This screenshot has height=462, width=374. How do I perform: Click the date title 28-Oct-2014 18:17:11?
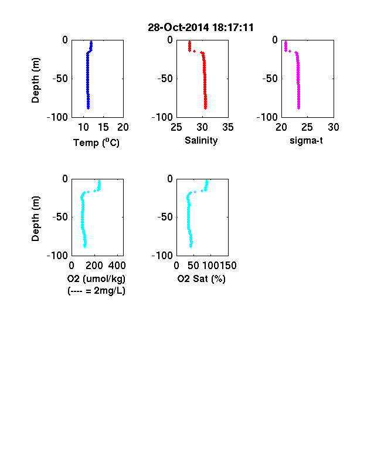point(200,28)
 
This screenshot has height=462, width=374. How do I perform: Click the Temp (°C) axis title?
point(96,142)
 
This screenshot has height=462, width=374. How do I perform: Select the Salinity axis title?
point(201,141)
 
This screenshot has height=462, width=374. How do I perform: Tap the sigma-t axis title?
point(306,141)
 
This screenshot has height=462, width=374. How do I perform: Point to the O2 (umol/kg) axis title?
point(96,278)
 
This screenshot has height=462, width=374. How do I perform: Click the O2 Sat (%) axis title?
point(202,278)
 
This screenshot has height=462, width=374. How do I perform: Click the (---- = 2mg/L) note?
point(96,291)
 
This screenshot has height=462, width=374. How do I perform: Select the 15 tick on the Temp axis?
point(103,127)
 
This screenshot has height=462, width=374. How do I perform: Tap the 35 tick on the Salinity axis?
point(228,127)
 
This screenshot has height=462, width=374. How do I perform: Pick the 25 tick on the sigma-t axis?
point(307,127)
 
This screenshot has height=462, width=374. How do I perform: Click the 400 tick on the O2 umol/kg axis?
point(117,266)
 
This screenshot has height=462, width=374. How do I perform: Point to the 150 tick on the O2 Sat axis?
point(228,266)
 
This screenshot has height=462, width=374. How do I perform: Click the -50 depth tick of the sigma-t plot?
point(270,79)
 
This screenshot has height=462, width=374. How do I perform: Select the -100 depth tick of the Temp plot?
point(57,117)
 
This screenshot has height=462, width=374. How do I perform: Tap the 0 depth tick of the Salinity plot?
point(170,40)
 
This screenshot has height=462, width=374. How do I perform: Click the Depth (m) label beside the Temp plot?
point(35,80)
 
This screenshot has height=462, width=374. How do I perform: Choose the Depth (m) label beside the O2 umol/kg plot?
point(35,219)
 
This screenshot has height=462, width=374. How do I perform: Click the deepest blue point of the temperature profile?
point(88,108)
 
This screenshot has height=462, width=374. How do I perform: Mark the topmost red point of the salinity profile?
point(190,42)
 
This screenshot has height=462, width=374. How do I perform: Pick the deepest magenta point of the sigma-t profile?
point(298,108)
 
